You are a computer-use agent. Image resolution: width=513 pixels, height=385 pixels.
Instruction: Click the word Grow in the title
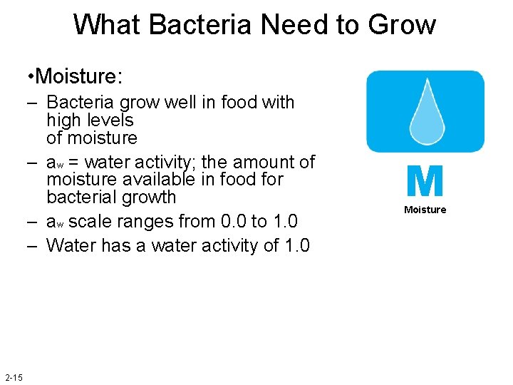point(402,25)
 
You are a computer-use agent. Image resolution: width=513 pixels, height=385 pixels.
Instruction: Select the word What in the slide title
point(108,25)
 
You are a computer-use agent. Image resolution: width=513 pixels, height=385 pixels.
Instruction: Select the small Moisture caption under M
point(425,210)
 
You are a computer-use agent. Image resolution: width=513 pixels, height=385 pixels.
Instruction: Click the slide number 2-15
point(14,376)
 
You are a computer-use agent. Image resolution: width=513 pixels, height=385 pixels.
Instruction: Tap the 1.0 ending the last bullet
point(296,246)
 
